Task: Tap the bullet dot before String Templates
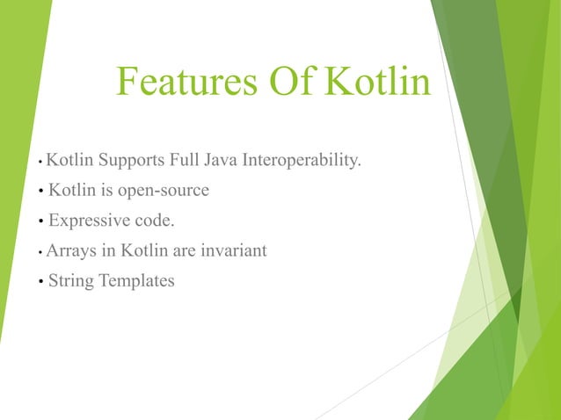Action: (41, 282)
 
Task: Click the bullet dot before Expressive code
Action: (41, 221)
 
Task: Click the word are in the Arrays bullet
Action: (184, 251)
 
